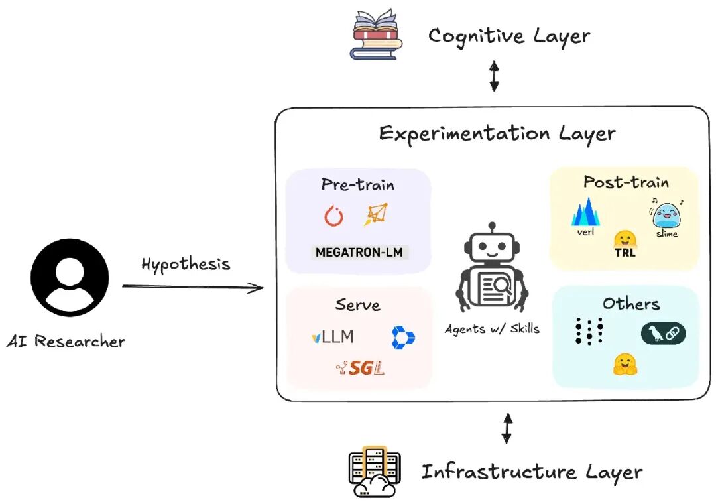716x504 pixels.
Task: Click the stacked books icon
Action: [377, 34]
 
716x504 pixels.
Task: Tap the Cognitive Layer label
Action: [509, 36]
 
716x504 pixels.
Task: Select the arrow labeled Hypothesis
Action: [193, 287]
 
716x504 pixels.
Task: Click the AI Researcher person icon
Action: [70, 278]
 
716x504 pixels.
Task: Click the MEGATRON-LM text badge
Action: [359, 252]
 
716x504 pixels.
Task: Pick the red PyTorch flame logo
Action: [333, 216]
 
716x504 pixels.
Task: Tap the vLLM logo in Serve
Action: [333, 337]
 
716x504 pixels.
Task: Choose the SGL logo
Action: [360, 367]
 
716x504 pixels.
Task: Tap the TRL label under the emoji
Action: [625, 252]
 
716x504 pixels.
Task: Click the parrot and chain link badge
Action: [663, 333]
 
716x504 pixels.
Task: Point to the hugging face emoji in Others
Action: [625, 364]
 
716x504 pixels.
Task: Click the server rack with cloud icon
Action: [375, 472]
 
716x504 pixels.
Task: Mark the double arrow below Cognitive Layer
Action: [494, 76]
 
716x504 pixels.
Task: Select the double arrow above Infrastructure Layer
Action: [507, 428]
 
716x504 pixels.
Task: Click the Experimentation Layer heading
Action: [497, 134]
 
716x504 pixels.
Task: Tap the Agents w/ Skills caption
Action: [492, 329]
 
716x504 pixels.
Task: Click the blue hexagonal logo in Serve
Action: [403, 338]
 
